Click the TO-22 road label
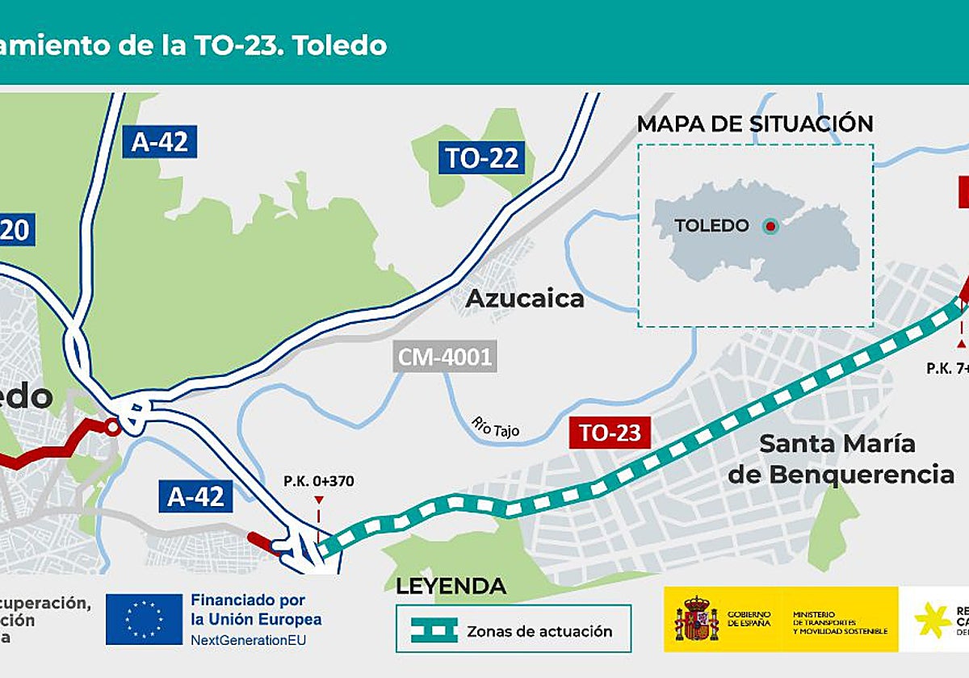pos(481,157)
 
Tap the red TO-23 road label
pos(610,433)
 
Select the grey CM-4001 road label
pos(445,356)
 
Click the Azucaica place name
pos(525,299)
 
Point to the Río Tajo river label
pos(496,426)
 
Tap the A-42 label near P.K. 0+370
pos(195,496)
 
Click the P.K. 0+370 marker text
pos(318,482)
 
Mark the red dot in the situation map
pos(770,226)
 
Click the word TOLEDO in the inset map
pos(711,226)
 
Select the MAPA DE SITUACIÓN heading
pos(755,124)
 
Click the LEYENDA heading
pos(451,586)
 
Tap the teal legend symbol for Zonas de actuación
pos(434,630)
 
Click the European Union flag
pos(144,619)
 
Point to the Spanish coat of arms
pos(695,619)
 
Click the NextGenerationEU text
pos(248,639)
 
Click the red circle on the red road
pos(113,427)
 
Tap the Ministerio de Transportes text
pos(840,621)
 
